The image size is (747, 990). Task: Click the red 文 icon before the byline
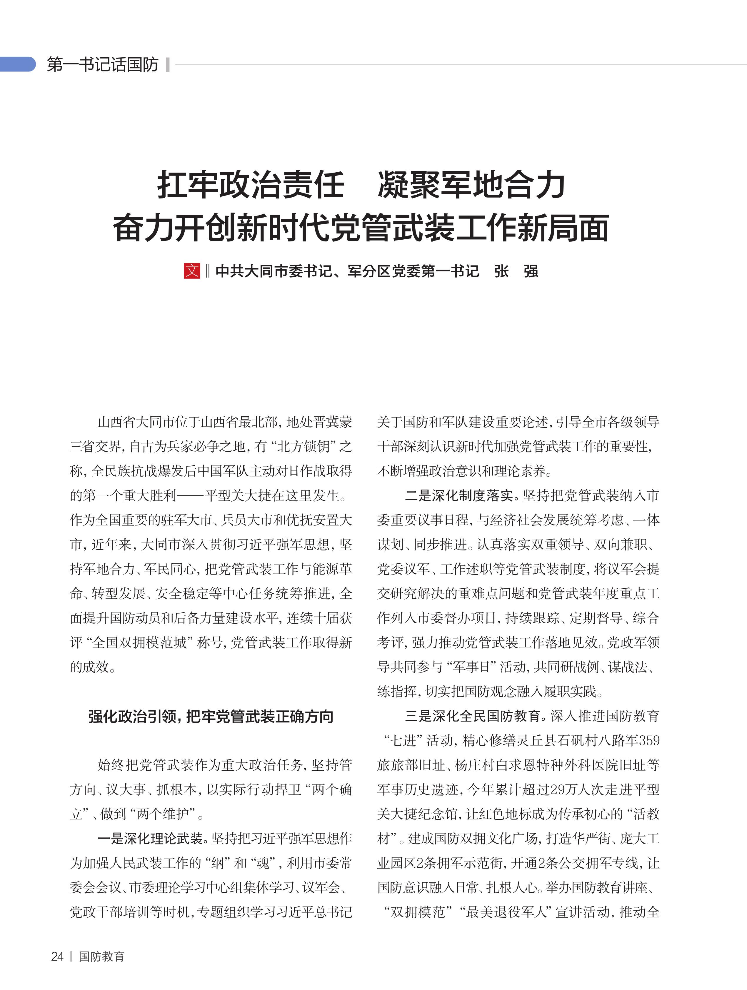point(191,271)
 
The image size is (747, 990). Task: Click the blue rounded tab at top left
point(18,64)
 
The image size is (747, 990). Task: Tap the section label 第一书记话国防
point(103,64)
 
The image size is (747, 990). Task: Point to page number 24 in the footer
point(57,956)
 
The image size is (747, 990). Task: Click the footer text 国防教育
point(101,956)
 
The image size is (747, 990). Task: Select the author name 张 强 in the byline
point(516,271)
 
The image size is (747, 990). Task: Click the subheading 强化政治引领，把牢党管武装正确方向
point(210,717)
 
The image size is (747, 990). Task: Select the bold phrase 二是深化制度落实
point(459,495)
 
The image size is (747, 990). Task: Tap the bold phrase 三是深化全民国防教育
point(472,716)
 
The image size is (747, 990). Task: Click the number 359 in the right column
point(649,741)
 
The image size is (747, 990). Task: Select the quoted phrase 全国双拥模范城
point(139,643)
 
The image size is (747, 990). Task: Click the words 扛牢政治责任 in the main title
point(251,185)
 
